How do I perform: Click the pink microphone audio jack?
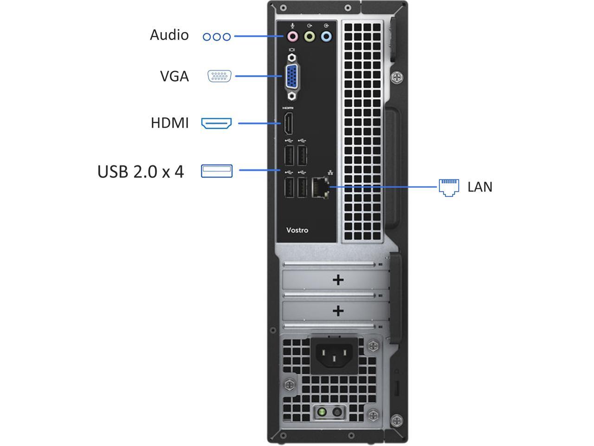(x=292, y=36)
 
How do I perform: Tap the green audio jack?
(x=309, y=36)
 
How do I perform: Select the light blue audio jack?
(x=327, y=36)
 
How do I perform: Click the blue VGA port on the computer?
(x=292, y=76)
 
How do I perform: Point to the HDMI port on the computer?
(x=288, y=123)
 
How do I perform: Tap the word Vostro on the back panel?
(x=297, y=230)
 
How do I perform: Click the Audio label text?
(x=169, y=35)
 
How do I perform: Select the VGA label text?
(x=174, y=76)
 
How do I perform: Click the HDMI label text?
(x=170, y=123)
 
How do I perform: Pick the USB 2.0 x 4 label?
(x=141, y=172)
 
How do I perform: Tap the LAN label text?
(x=480, y=187)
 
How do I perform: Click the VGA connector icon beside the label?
(x=220, y=76)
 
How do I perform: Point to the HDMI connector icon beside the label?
(x=216, y=123)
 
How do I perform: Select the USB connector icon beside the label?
(x=217, y=171)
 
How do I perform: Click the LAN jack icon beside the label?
(x=449, y=187)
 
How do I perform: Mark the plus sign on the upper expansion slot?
(x=338, y=280)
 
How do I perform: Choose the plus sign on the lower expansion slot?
(x=338, y=310)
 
